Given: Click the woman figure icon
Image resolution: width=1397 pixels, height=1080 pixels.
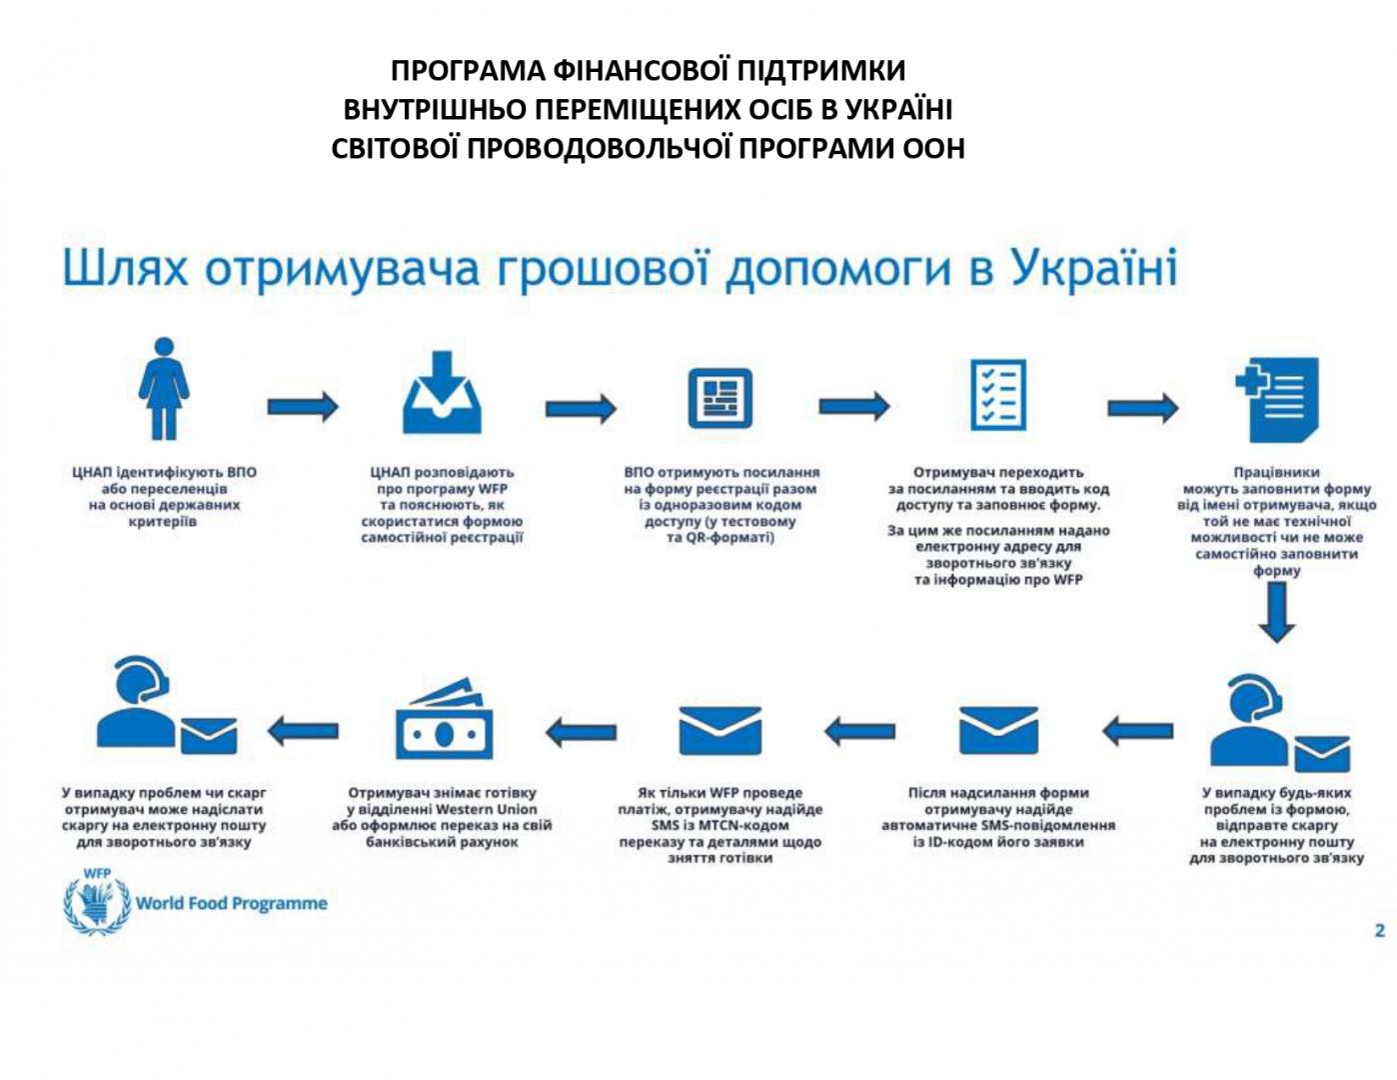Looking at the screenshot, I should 164,389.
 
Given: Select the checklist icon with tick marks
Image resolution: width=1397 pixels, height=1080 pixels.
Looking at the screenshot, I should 998,394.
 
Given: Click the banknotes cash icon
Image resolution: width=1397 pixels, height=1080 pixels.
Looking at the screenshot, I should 444,721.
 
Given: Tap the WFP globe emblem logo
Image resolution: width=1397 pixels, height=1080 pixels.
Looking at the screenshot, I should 97,903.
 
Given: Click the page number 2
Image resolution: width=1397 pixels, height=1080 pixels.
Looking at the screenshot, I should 1379,930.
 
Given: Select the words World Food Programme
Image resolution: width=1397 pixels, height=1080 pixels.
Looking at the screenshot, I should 232,903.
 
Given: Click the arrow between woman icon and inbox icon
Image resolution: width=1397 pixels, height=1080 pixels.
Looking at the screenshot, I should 303,406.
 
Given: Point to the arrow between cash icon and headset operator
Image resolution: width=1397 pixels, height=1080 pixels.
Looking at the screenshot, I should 303,731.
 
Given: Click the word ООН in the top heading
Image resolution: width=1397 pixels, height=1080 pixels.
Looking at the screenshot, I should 933,148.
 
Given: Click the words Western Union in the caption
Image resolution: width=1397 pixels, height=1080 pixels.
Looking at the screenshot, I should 487,809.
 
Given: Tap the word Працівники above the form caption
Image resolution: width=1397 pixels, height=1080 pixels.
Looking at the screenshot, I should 1276,472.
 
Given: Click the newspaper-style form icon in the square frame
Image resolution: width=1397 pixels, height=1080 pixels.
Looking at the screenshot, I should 719,397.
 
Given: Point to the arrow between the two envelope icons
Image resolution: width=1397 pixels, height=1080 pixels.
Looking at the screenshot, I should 860,731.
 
